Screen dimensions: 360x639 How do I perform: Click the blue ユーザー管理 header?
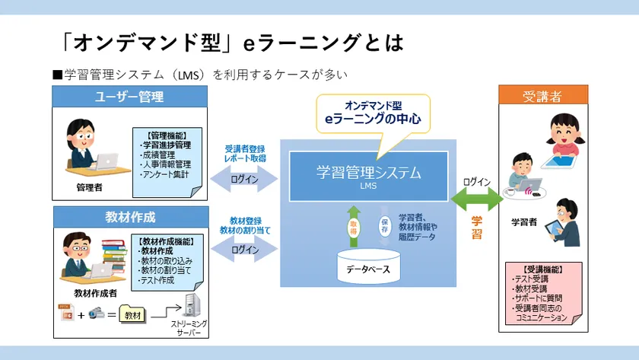point(129,96)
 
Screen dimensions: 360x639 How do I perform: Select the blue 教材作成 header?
point(129,217)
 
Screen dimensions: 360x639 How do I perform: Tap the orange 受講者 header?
point(542,96)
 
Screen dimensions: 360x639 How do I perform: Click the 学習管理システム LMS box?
point(368,176)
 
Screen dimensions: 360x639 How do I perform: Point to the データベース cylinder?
point(369,267)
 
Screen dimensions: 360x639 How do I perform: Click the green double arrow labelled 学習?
point(476,199)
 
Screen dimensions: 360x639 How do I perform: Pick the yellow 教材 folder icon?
point(132,314)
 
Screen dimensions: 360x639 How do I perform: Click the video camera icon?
point(95,314)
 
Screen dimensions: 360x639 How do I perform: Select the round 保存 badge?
point(384,226)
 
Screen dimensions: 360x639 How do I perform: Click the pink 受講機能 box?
point(543,293)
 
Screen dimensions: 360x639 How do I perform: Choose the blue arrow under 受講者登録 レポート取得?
point(245,180)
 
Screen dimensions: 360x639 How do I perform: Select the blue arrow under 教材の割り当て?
point(245,250)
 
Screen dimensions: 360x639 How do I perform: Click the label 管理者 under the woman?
point(90,186)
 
